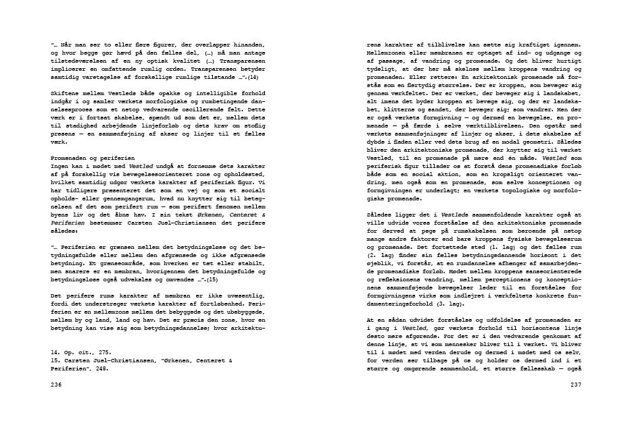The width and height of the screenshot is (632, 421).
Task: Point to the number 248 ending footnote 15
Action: tap(101, 368)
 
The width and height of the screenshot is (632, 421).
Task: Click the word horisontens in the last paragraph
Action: tap(519, 328)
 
